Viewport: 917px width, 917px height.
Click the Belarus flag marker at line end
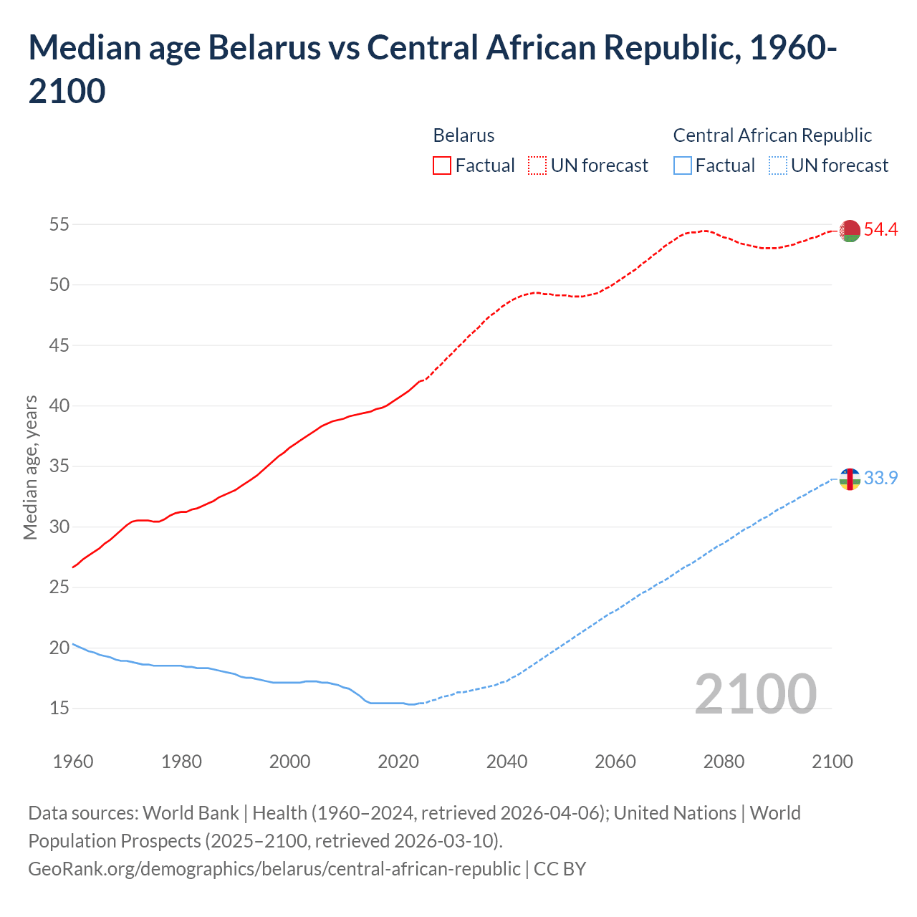click(x=850, y=231)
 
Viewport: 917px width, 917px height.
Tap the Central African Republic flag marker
click(x=850, y=479)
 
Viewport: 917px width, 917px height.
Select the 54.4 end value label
click(x=880, y=230)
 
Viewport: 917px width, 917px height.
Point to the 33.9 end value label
click(x=880, y=478)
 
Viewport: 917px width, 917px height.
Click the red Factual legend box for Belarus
click(x=442, y=165)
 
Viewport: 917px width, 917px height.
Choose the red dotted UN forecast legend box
click(x=537, y=165)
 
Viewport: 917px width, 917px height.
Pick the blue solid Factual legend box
click(x=683, y=165)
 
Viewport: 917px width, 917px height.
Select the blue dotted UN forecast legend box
click(x=778, y=165)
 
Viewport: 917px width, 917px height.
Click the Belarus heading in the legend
click(x=464, y=135)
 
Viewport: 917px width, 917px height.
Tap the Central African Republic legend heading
click(x=772, y=135)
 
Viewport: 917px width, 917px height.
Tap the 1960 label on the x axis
click(x=73, y=762)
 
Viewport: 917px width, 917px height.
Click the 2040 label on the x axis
click(x=507, y=762)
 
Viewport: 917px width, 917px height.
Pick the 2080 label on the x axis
click(x=724, y=762)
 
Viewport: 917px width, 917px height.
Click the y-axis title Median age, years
click(x=30, y=467)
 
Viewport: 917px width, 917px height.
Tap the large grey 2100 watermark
click(x=755, y=693)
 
